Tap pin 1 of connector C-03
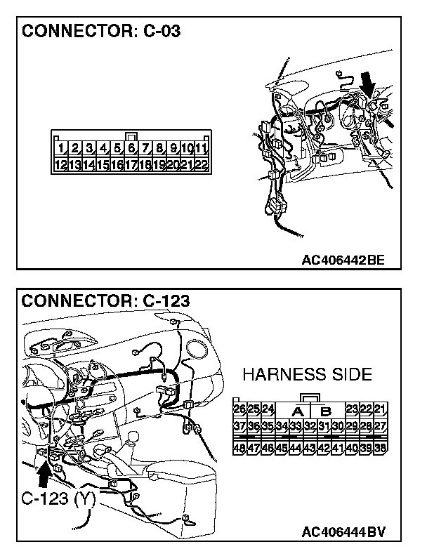click(62, 149)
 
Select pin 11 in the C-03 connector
click(201, 149)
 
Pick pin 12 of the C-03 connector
click(62, 165)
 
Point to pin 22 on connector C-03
click(201, 165)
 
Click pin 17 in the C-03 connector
click(131, 165)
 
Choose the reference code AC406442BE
click(343, 260)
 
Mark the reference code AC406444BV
click(343, 531)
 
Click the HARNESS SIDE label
click(308, 374)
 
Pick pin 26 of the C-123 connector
click(239, 409)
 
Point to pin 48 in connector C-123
click(239, 447)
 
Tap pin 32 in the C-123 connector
click(310, 426)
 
